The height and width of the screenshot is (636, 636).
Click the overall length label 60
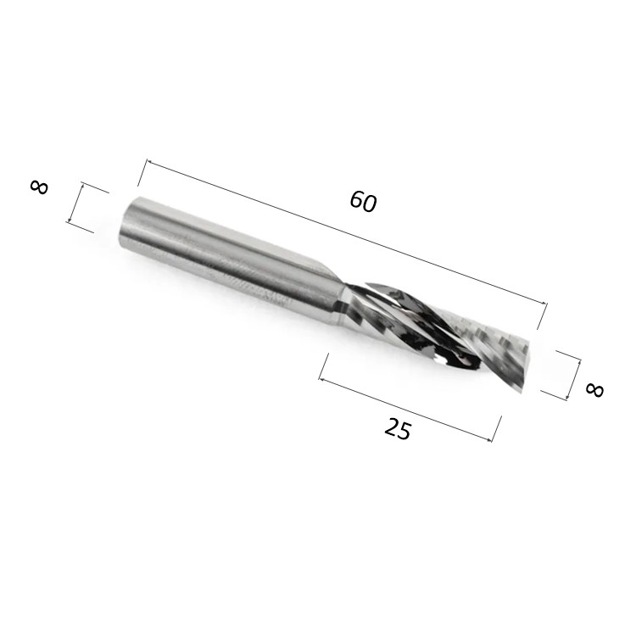[364, 202]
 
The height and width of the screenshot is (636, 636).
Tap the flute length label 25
[398, 430]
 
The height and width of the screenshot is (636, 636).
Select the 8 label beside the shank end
[39, 187]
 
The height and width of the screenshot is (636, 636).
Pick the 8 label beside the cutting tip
[595, 390]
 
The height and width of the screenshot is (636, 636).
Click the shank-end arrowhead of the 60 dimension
[148, 162]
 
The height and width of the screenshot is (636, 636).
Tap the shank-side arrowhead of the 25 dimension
[321, 379]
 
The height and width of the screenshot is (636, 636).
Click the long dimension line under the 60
[346, 232]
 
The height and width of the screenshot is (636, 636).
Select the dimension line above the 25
[405, 409]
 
